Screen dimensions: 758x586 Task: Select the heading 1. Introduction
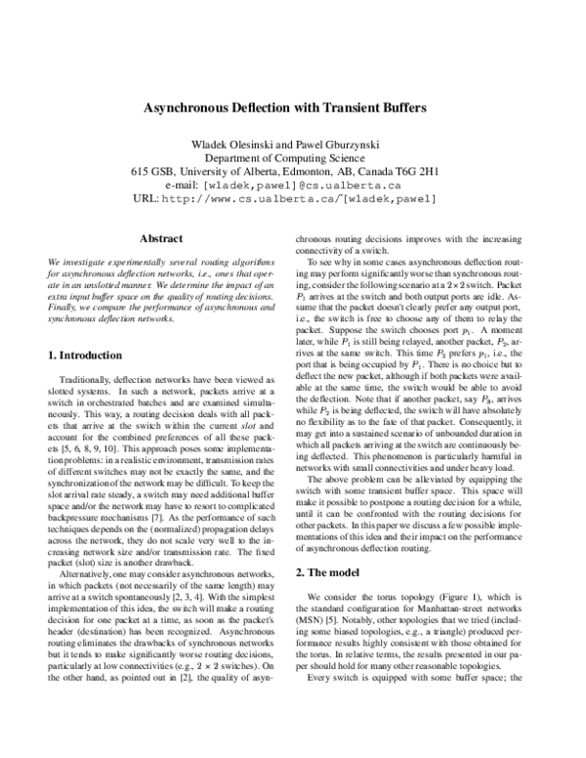point(85,356)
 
